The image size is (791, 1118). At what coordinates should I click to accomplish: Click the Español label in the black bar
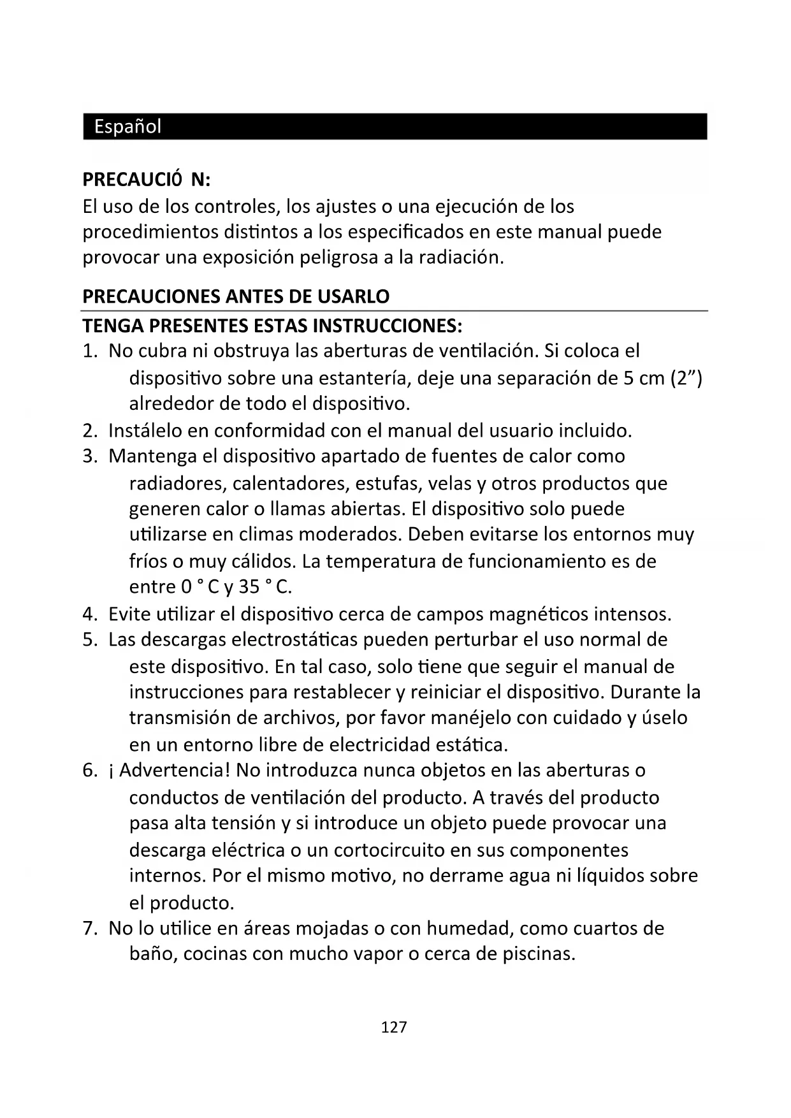point(127,126)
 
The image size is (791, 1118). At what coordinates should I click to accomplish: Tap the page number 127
point(393,1027)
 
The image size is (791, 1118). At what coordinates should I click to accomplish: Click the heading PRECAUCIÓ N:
point(146,180)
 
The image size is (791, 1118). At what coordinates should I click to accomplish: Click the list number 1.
point(89,351)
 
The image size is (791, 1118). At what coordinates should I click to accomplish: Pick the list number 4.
point(89,614)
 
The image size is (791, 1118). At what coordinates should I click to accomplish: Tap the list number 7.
point(89,928)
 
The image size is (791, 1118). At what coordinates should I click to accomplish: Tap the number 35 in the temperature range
point(249,586)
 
